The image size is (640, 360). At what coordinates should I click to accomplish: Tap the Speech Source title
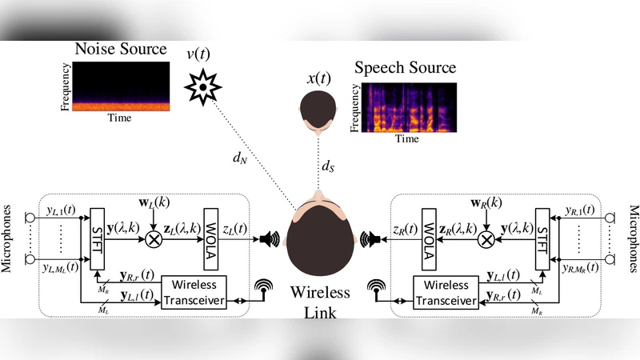point(406,67)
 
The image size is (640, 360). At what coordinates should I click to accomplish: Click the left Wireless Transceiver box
point(196,293)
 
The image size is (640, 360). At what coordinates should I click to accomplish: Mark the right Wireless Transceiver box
point(445,293)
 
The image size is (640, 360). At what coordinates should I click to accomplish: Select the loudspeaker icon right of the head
point(370,238)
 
